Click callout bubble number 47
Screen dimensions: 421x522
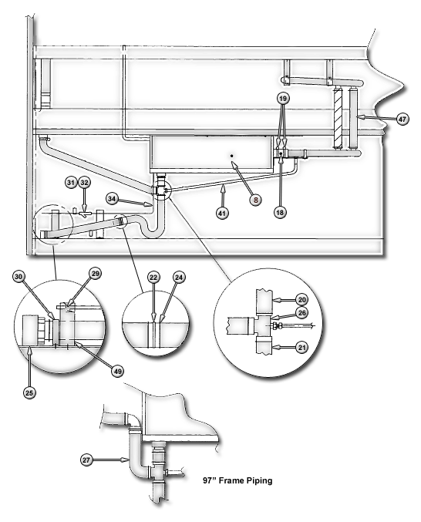pyautogui.click(x=402, y=119)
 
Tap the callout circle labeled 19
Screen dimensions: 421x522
pyautogui.click(x=282, y=99)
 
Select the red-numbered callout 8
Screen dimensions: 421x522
pyautogui.click(x=255, y=200)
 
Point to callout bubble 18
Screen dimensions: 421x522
pyautogui.click(x=280, y=212)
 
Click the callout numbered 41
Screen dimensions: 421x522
pyautogui.click(x=222, y=213)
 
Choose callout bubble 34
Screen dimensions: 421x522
pyautogui.click(x=112, y=199)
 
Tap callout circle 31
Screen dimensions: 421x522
pyautogui.click(x=71, y=183)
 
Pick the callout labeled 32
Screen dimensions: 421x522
pyautogui.click(x=85, y=183)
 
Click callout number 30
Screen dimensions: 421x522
pyautogui.click(x=19, y=277)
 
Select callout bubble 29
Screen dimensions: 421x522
pyautogui.click(x=95, y=274)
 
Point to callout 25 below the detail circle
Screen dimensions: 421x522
pyautogui.click(x=29, y=392)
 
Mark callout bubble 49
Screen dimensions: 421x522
pyautogui.click(x=117, y=371)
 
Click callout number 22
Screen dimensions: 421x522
pyautogui.click(x=153, y=277)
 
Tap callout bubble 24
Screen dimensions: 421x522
pyautogui.click(x=179, y=277)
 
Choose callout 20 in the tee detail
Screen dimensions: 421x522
pyautogui.click(x=301, y=300)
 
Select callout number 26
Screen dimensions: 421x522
pyautogui.click(x=301, y=313)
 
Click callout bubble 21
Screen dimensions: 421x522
pyautogui.click(x=301, y=348)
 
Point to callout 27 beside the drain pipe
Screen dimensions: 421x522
pyautogui.click(x=86, y=460)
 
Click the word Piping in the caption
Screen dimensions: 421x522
pyautogui.click(x=259, y=480)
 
